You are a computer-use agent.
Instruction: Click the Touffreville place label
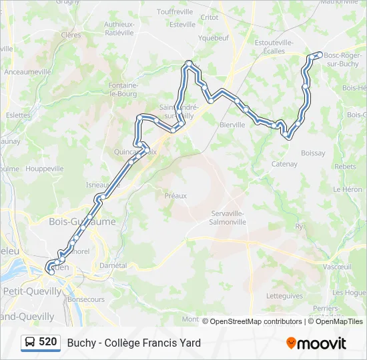coord(175,12)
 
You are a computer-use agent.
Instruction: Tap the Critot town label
coord(210,17)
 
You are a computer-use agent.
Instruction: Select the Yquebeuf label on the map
coord(214,38)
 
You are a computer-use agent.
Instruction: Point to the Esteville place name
coord(183,25)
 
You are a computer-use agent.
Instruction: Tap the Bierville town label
coord(233,124)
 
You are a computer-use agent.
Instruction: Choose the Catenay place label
coord(284,164)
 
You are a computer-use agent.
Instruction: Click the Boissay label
coord(313,153)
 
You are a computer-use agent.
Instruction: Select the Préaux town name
coord(175,195)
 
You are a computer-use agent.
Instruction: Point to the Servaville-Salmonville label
coord(228,217)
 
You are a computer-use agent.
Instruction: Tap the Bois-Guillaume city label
coord(82,221)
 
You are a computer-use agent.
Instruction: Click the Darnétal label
coord(112,265)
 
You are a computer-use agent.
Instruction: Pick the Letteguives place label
coord(284,296)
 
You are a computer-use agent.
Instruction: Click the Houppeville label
coord(44,169)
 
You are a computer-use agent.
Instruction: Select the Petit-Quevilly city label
coord(32,291)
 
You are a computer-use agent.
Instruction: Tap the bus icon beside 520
coord(30,343)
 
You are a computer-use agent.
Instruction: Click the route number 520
coord(47,342)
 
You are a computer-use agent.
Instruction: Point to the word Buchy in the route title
coord(81,343)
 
